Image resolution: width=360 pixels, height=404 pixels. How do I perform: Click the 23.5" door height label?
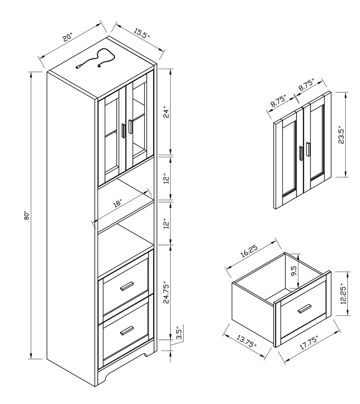click(x=341, y=135)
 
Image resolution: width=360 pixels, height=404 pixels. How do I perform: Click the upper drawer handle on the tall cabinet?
click(x=127, y=286)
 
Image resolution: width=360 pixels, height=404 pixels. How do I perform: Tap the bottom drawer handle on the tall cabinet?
click(x=127, y=331)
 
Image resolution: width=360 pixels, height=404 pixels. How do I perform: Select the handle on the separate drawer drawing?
click(x=304, y=309)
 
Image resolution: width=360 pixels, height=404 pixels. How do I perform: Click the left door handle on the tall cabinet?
click(x=123, y=131)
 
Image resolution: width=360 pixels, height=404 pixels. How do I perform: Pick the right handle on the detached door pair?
click(x=308, y=149)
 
